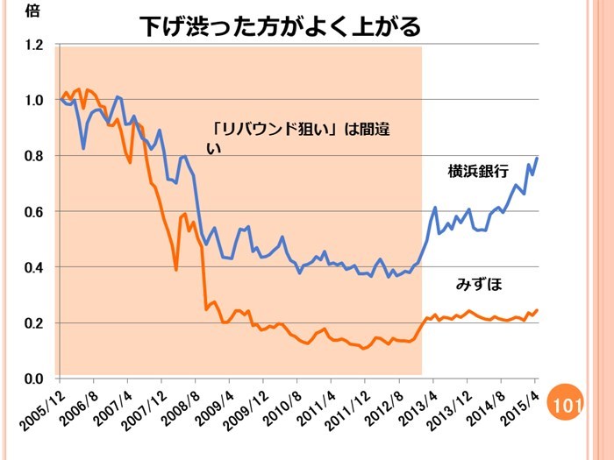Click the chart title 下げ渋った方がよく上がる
click(x=281, y=26)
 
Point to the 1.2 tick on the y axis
click(x=32, y=45)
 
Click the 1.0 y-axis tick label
click(x=32, y=100)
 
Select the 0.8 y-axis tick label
click(x=32, y=156)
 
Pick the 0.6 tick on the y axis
click(x=32, y=211)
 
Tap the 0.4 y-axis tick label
click(x=32, y=267)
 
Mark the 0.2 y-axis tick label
click(x=32, y=323)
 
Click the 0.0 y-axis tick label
click(x=32, y=379)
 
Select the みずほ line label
click(x=478, y=284)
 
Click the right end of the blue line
click(x=537, y=158)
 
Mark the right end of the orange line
click(x=537, y=310)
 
